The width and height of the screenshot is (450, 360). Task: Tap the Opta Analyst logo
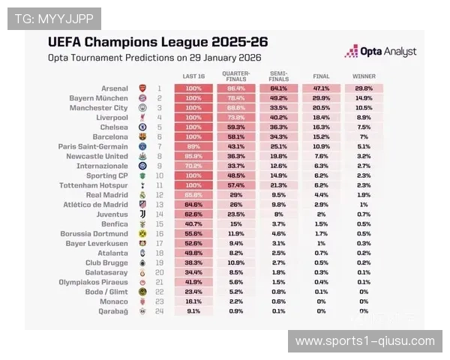tap(380, 52)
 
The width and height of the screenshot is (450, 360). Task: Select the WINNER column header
tap(364, 76)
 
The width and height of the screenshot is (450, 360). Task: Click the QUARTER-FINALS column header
tap(235, 76)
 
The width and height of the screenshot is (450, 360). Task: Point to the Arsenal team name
tap(114, 88)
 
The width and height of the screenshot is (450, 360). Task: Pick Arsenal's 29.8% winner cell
tap(364, 88)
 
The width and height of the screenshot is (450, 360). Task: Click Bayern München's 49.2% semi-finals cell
tap(278, 98)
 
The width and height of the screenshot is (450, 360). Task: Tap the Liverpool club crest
tap(142, 118)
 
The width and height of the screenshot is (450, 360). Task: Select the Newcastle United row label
tap(99, 156)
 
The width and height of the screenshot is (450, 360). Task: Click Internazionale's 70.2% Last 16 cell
tap(193, 166)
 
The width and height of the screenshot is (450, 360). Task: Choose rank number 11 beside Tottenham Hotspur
tap(159, 185)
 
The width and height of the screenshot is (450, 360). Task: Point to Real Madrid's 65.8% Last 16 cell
tap(193, 195)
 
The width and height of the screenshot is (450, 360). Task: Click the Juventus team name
tap(110, 214)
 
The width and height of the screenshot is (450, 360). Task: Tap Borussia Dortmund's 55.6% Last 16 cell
tap(193, 233)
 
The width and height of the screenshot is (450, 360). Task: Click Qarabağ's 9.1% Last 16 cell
tap(193, 310)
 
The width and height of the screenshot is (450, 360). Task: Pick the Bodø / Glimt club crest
tap(142, 291)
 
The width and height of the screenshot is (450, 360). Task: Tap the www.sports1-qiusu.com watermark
tap(365, 341)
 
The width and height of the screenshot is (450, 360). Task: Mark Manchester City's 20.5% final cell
tap(321, 108)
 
